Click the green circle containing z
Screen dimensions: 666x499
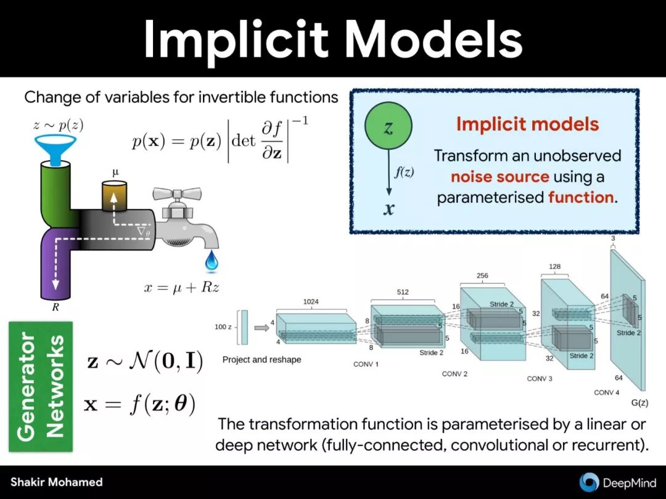388,128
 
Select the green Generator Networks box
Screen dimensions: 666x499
41,386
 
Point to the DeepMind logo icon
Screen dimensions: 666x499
589,482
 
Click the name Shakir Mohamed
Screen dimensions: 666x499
56,482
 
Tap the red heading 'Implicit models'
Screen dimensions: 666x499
527,124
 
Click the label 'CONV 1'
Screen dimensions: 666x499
366,364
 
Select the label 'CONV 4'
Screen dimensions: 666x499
606,392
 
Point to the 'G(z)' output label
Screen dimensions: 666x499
639,403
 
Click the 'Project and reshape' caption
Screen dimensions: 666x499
261,359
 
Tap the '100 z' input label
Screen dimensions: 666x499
223,327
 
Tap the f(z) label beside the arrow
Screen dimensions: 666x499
404,173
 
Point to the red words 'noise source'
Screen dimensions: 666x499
499,177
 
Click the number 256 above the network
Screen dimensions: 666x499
482,275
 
